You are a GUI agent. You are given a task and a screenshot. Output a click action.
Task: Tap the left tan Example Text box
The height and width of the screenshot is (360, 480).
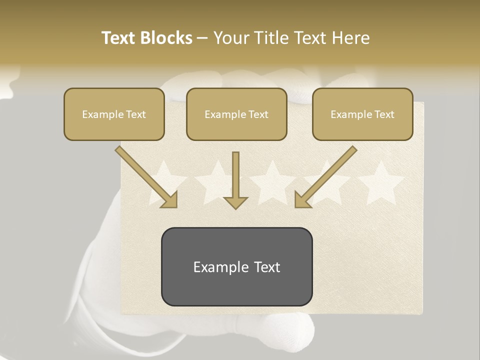coord(114,114)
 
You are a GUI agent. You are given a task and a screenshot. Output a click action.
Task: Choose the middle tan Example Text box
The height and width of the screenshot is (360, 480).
coord(236,114)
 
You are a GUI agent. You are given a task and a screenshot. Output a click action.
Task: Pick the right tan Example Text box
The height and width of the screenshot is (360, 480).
coord(362,114)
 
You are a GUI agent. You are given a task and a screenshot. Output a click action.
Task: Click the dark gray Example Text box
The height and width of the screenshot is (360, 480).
coord(236,266)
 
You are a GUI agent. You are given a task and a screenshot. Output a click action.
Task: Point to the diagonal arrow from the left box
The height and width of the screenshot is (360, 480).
coord(145,175)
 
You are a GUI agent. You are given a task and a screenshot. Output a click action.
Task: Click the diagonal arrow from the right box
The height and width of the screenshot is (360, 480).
coord(327,175)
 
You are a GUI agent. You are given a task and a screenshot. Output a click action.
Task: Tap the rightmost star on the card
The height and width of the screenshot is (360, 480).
coord(381,182)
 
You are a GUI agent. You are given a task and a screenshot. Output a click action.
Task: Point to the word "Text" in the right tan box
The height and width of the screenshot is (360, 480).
coord(384,114)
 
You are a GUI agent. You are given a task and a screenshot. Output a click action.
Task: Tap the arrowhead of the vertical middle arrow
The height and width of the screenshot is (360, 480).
coord(235,201)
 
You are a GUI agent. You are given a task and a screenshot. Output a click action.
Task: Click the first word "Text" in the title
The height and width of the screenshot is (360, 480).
coord(118,38)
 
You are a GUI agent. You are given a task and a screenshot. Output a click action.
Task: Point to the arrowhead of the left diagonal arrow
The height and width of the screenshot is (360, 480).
coord(168,199)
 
